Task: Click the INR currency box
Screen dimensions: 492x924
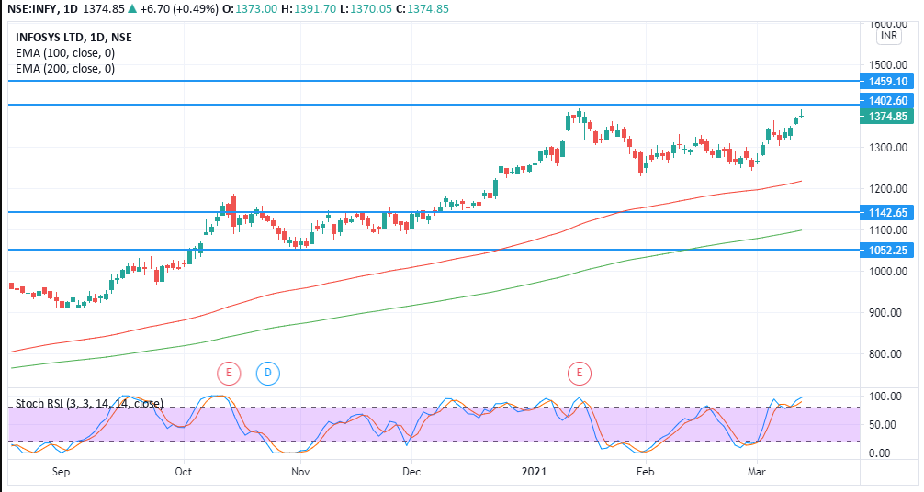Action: [888, 36]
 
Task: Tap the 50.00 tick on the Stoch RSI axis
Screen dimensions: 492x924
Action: [884, 425]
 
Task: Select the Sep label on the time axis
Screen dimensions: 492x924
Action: [62, 472]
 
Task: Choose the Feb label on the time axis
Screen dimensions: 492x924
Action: [646, 472]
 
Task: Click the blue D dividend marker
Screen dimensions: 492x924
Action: [267, 373]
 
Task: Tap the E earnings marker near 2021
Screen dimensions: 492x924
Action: [580, 373]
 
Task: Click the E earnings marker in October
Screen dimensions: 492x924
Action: [228, 373]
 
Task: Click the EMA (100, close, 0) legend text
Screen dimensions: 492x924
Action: [65, 53]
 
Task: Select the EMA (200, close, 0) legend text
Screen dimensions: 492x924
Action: [65, 69]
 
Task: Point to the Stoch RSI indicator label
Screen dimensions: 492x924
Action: [90, 403]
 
